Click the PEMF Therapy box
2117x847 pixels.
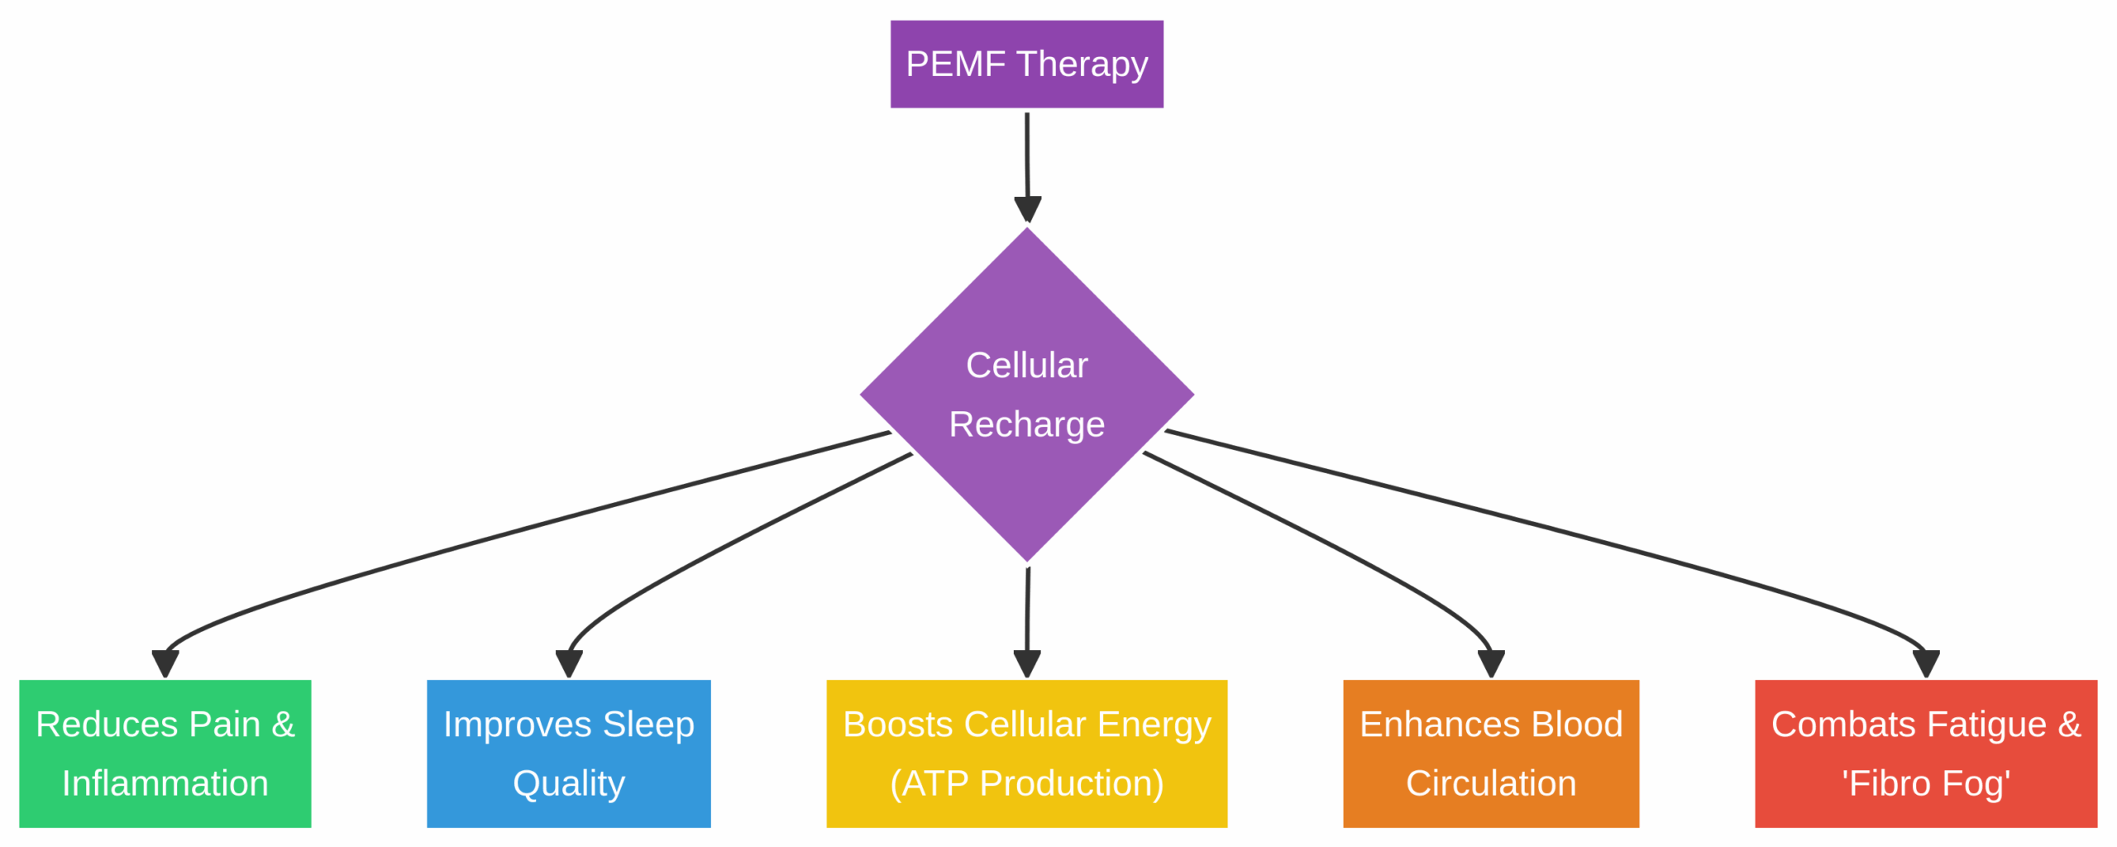pos(1026,64)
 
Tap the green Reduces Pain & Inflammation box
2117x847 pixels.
pos(165,753)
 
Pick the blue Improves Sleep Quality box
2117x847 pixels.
pos(568,753)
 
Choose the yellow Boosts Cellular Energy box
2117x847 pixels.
pos(1026,753)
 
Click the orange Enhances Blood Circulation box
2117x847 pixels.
pos(1490,753)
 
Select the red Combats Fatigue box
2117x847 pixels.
pos(1925,753)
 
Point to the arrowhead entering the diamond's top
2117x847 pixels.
pos(1027,208)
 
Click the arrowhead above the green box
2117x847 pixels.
pos(165,663)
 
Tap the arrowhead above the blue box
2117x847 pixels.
pos(569,663)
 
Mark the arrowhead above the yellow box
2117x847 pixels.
pos(1026,663)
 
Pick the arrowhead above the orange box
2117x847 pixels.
pos(1490,663)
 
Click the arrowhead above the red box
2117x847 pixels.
pos(1926,663)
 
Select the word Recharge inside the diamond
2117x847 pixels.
pos(1026,424)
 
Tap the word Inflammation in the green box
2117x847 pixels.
pos(165,782)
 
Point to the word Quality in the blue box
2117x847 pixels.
pos(568,782)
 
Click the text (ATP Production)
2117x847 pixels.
pos(1026,782)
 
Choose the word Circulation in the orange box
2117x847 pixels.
pos(1490,782)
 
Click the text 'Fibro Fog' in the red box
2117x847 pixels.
pos(1925,782)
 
